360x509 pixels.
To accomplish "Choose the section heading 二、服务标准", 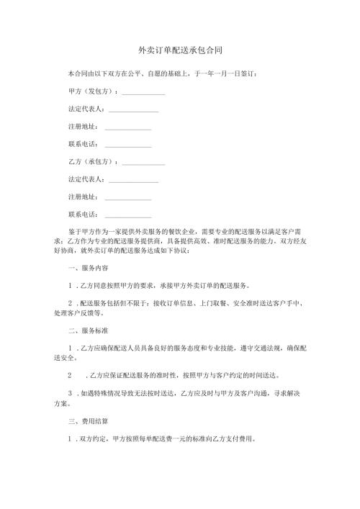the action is point(85,330).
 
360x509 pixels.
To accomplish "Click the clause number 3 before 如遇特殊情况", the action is point(69,393).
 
